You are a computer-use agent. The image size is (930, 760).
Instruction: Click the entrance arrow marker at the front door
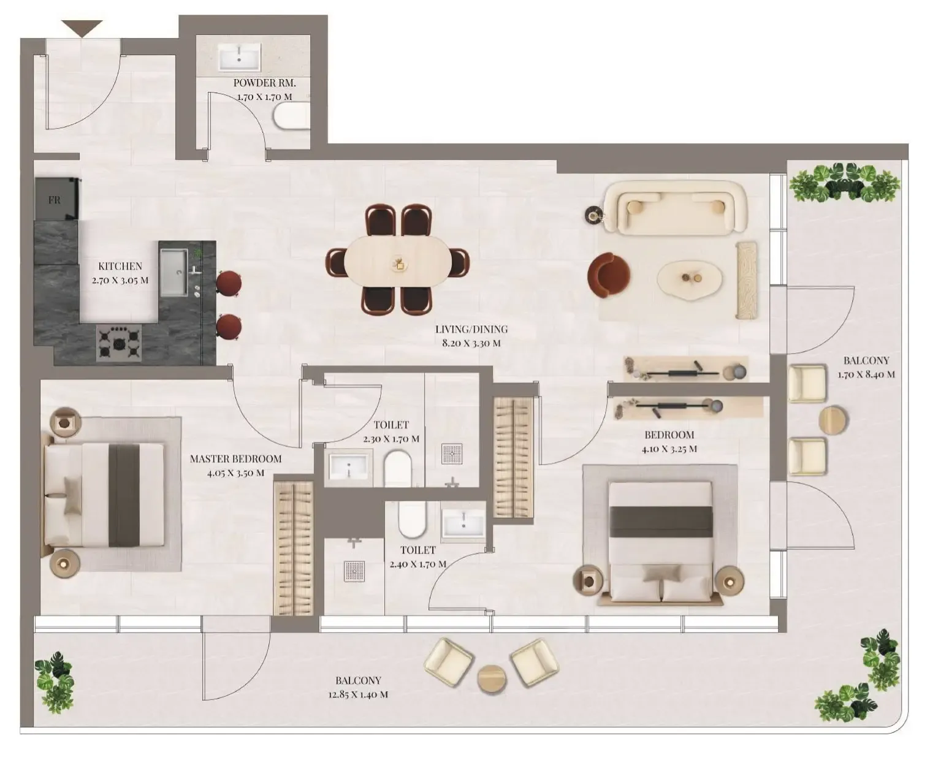(x=82, y=28)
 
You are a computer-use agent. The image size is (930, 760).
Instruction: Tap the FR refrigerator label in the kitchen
(x=54, y=200)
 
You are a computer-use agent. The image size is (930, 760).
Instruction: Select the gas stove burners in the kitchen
(x=119, y=343)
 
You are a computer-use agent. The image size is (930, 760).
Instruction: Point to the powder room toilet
(x=291, y=117)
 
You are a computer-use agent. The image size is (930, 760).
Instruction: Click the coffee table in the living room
(x=690, y=279)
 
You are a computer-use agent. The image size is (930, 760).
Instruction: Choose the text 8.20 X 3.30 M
(x=471, y=343)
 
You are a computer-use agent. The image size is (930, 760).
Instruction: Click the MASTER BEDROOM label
(x=236, y=459)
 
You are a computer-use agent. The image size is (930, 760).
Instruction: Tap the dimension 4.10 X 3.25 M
(x=669, y=449)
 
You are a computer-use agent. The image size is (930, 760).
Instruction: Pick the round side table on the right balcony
(x=833, y=420)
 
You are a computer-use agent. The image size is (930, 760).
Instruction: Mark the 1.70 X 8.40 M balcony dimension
(x=866, y=374)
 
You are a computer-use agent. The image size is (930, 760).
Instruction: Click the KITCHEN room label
(x=120, y=266)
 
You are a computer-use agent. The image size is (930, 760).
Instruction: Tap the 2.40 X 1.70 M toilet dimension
(x=418, y=564)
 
